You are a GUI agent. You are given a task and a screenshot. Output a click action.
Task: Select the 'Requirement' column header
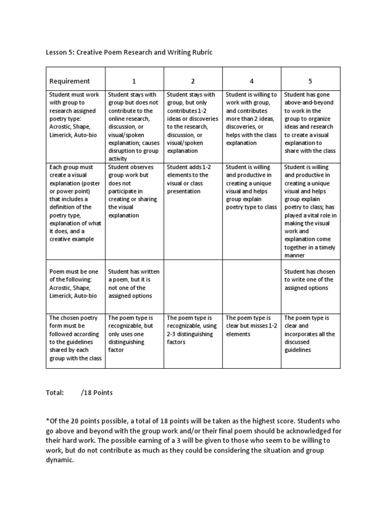70,81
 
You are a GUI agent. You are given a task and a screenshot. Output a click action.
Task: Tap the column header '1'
135,81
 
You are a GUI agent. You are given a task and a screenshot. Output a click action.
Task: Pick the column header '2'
193,81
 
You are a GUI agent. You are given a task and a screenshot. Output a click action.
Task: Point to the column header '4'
252,81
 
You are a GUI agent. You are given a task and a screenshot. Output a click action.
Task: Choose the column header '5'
311,81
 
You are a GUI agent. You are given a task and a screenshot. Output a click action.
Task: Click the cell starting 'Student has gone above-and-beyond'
310,122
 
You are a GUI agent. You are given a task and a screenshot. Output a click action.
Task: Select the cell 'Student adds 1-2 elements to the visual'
193,179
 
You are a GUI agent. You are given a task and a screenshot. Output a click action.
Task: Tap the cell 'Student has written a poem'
134,283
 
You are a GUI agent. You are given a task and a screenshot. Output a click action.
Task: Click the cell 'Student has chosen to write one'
310,279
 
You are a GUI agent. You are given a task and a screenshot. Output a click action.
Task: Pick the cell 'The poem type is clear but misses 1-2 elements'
252,326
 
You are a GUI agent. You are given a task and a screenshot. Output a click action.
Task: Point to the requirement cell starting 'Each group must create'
75,203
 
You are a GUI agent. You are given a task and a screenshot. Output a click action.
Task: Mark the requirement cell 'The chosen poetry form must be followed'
75,338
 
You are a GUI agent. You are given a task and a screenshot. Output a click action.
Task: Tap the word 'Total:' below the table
55,392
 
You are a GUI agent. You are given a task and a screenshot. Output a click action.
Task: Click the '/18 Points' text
97,392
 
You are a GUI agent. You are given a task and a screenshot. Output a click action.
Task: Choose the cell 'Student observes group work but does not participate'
134,191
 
